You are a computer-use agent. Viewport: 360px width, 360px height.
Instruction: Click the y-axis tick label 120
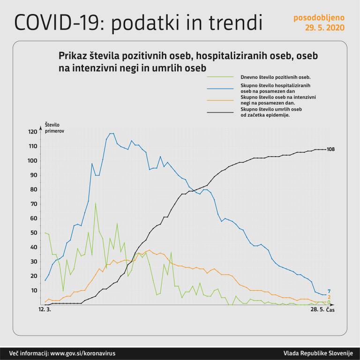[x=32, y=132]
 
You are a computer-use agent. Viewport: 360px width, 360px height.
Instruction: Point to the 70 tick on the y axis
[x=33, y=204]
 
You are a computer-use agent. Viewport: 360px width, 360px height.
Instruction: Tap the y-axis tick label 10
[x=33, y=291]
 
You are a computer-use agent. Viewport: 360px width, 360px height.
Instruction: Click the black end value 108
[x=331, y=150]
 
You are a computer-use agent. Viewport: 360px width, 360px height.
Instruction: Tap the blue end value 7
[x=330, y=291]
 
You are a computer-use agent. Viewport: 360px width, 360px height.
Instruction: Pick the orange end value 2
[x=330, y=297]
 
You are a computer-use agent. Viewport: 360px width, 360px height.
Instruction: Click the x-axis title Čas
[x=330, y=310]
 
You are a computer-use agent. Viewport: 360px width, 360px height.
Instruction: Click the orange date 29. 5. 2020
[x=325, y=28]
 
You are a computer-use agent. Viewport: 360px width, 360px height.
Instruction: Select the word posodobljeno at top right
[x=319, y=18]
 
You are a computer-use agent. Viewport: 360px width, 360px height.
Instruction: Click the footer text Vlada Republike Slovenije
[x=318, y=353]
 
